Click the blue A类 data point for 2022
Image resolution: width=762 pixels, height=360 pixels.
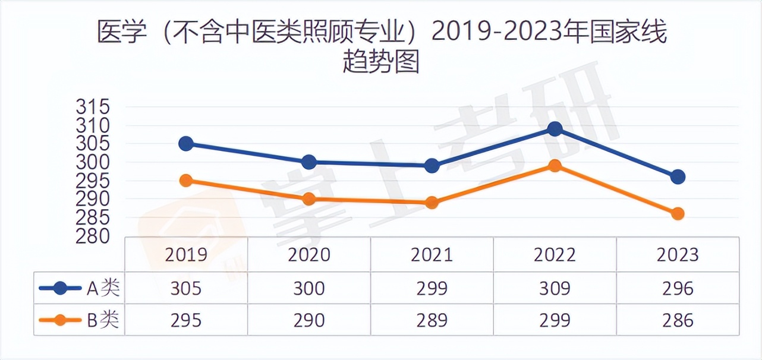coord(555,129)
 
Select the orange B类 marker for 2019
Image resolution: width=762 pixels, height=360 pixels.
coord(186,181)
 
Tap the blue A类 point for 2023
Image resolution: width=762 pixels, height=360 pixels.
coord(678,176)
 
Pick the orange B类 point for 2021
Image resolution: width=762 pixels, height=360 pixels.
coord(432,203)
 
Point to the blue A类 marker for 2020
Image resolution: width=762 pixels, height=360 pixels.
coord(309,162)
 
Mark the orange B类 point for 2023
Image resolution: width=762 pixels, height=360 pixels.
coord(678,214)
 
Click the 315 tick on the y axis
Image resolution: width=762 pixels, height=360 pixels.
coord(93,108)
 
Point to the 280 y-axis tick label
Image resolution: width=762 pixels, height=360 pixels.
coord(93,236)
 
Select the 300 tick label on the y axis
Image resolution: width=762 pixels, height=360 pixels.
coord(93,162)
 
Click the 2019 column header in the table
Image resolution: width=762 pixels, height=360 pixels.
coord(186,255)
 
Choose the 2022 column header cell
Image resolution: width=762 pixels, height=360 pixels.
coord(555,255)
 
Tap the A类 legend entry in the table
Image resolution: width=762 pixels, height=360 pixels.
coord(80,289)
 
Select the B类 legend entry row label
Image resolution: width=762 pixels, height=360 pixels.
coord(80,320)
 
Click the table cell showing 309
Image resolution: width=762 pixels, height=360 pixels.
coord(555,289)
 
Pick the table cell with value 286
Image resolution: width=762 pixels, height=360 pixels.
coord(678,320)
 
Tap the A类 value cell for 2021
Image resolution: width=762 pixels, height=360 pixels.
coord(432,289)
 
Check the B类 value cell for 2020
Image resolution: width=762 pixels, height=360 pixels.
coord(309,320)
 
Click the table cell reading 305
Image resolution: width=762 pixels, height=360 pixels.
coord(186,289)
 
